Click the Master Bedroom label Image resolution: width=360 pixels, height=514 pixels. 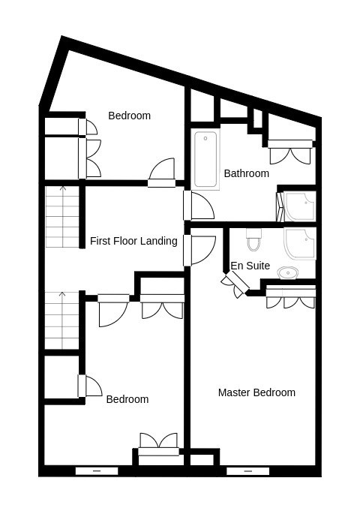[x=256, y=392]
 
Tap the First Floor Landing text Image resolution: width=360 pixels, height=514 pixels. [x=133, y=241]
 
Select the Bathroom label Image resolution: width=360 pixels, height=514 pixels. [x=246, y=173]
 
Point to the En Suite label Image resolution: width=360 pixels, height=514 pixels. [x=250, y=266]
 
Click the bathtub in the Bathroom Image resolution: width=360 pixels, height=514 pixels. [x=205, y=159]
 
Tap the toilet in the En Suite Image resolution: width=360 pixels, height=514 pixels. [x=253, y=239]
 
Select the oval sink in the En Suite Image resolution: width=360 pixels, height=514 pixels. [x=288, y=272]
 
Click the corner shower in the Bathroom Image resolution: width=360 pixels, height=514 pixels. [x=299, y=206]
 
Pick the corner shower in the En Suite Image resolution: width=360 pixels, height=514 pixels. [x=299, y=244]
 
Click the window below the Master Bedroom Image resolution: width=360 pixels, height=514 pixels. [x=248, y=471]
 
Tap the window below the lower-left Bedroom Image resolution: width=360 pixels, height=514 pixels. [x=97, y=471]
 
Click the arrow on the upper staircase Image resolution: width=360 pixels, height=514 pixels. [x=62, y=217]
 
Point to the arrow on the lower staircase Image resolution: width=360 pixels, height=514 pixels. [x=62, y=320]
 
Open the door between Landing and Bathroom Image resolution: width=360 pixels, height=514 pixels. [x=199, y=206]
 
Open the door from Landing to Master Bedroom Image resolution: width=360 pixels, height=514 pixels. [x=199, y=250]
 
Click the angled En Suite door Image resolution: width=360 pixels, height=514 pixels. [x=235, y=284]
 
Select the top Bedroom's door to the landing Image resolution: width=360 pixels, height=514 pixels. [x=161, y=173]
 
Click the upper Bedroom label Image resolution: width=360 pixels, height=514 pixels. [x=130, y=116]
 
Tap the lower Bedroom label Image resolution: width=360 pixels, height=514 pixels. [x=127, y=399]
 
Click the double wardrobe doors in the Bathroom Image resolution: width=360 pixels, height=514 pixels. [x=290, y=152]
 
